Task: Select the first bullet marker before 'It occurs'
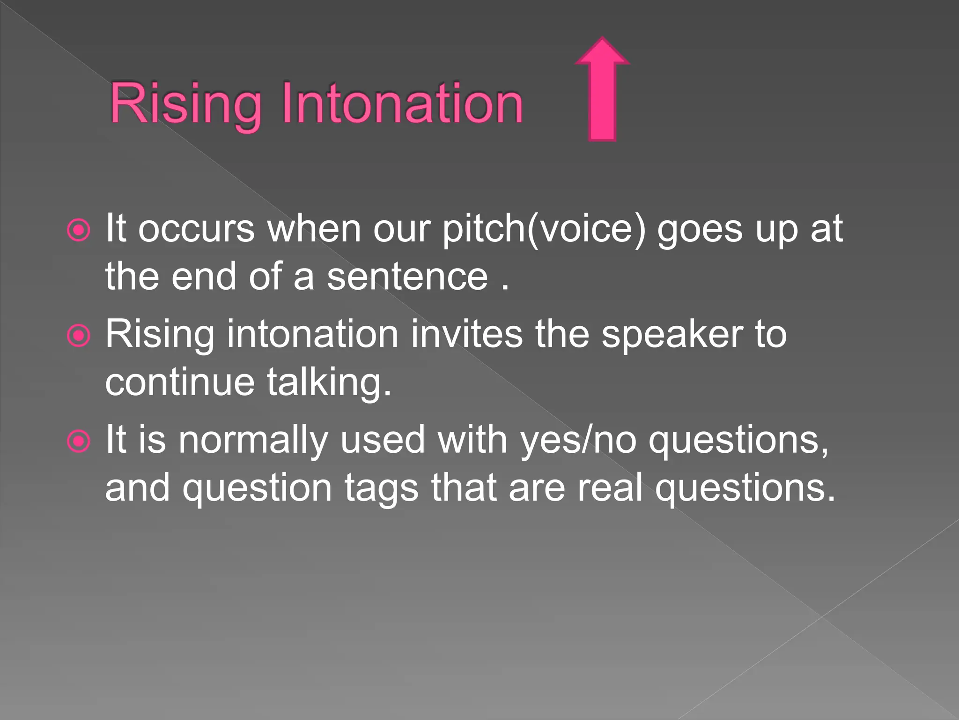(x=78, y=230)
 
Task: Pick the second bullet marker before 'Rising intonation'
(x=78, y=336)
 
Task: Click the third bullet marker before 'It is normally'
(x=78, y=441)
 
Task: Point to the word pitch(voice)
(x=544, y=230)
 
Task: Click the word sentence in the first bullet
(x=407, y=277)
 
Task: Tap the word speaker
(x=672, y=335)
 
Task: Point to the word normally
(x=253, y=441)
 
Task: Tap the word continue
(x=180, y=382)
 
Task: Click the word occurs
(x=196, y=230)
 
